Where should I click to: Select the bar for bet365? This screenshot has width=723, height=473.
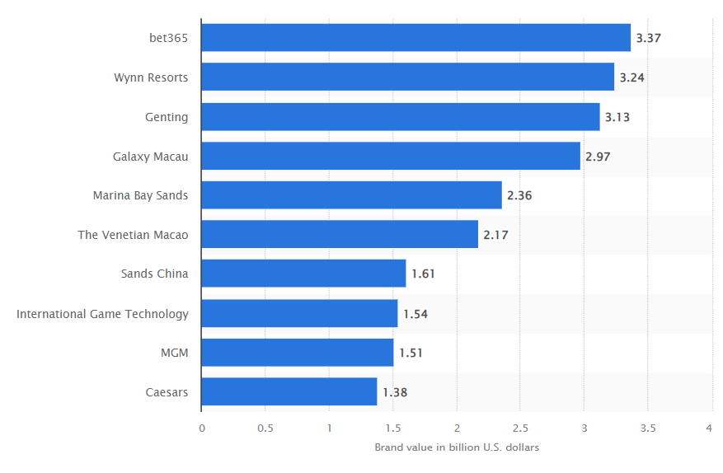click(x=415, y=38)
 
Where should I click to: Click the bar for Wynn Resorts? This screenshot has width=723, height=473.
click(x=407, y=77)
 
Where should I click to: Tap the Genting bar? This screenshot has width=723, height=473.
click(x=400, y=117)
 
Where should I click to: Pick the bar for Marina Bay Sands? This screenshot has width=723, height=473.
click(x=351, y=195)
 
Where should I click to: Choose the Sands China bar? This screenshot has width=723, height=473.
click(x=303, y=274)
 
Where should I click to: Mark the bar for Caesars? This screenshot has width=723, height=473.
click(x=289, y=392)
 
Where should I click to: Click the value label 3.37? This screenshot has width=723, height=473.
click(x=649, y=38)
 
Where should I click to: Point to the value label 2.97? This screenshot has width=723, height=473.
click(x=598, y=156)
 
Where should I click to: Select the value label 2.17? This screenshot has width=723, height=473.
click(x=495, y=235)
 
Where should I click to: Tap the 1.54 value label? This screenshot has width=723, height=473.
click(x=415, y=314)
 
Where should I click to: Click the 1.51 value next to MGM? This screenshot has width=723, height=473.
click(x=411, y=353)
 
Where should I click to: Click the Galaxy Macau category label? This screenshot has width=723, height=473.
click(x=150, y=156)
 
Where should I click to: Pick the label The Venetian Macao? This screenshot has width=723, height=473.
click(x=133, y=235)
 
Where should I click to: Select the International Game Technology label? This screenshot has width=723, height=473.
click(x=102, y=314)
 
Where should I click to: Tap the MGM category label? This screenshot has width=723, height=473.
click(x=174, y=353)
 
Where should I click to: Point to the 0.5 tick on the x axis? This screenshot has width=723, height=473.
click(x=265, y=429)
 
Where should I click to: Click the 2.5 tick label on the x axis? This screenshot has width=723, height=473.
click(x=519, y=429)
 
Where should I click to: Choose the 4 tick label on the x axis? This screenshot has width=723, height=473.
click(x=710, y=429)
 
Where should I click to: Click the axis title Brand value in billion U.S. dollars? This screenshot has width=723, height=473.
click(x=456, y=447)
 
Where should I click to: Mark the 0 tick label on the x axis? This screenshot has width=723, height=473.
click(x=201, y=429)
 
